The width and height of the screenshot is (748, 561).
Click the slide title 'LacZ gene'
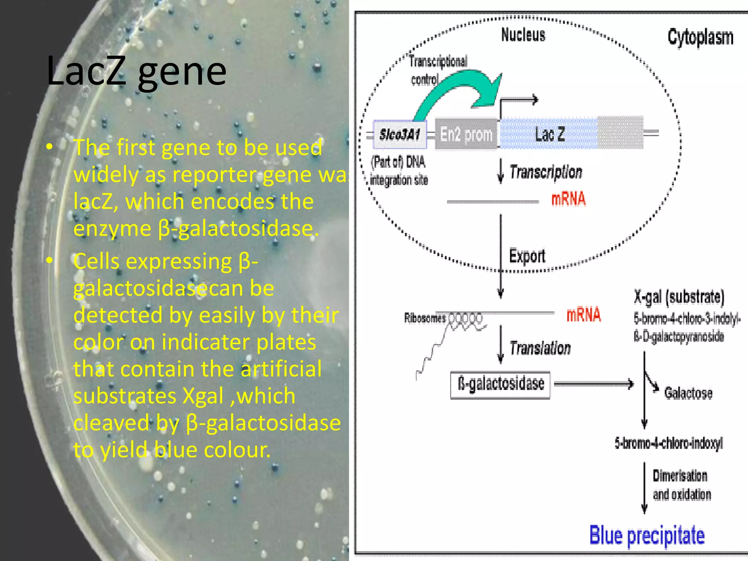coord(137,71)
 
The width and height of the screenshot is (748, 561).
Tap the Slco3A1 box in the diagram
coord(400,134)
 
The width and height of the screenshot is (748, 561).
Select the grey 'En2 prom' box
coord(466,134)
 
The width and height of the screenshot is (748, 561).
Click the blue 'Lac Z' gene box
coord(549,134)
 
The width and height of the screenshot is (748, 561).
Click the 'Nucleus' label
coord(523,35)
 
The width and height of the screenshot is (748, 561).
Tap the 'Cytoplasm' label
coord(700,37)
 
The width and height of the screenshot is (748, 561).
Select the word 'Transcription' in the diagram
coord(546,172)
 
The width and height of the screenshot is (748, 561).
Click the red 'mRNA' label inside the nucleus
coord(568,199)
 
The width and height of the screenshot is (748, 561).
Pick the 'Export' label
coord(527,256)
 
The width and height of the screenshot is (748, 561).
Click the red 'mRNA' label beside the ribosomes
coord(583,315)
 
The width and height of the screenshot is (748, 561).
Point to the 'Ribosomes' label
coord(425,318)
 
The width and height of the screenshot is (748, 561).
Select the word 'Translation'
coord(540,348)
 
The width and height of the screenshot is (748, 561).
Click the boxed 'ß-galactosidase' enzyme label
coord(500,385)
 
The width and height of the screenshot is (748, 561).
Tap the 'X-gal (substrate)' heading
coord(679,297)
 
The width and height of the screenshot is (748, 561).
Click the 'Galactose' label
coord(688,393)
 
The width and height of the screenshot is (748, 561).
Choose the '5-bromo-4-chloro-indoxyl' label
coord(668,443)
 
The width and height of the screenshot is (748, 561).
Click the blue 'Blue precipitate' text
coord(647,536)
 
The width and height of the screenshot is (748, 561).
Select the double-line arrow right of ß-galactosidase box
coord(594,384)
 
